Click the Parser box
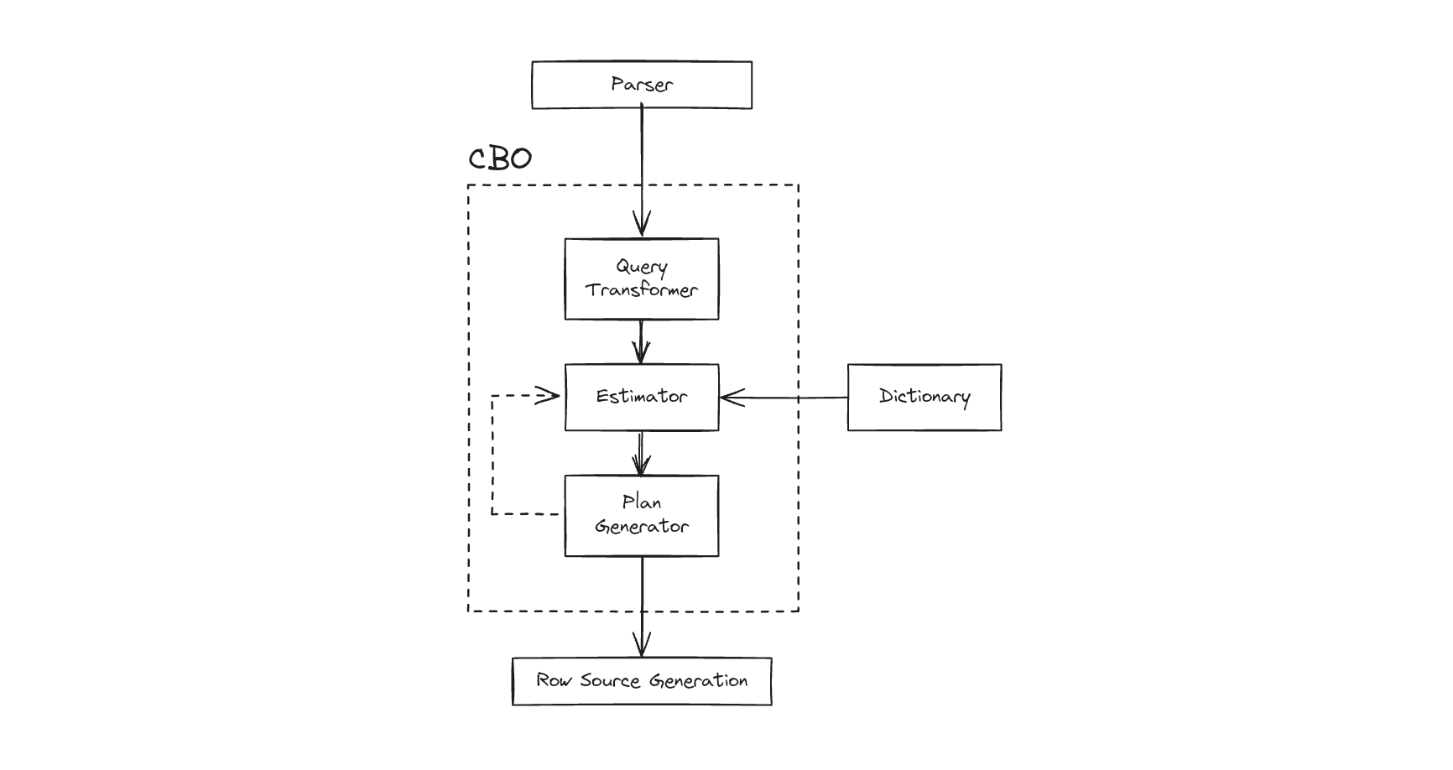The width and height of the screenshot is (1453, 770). coord(642,85)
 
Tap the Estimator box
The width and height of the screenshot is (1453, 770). coord(642,397)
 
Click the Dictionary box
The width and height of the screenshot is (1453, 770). coord(924,397)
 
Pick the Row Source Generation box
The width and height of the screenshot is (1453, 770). coord(642,681)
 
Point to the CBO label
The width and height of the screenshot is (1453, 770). coord(500,159)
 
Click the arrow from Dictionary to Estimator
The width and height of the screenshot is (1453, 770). coord(784,398)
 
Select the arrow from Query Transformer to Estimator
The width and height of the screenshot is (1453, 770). coord(642,341)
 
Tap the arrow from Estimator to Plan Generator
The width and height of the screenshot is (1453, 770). coord(642,453)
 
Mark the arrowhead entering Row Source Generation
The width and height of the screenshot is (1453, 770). coord(642,646)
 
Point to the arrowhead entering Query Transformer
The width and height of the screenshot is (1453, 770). coord(642,225)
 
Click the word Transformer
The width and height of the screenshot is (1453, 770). coord(642,290)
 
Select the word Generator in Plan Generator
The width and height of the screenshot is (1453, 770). coord(642,527)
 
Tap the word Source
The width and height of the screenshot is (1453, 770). coord(610,680)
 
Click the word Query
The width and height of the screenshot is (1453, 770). coord(642,267)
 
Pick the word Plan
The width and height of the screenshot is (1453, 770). coord(642,502)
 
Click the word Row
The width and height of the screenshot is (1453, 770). coord(554,680)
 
